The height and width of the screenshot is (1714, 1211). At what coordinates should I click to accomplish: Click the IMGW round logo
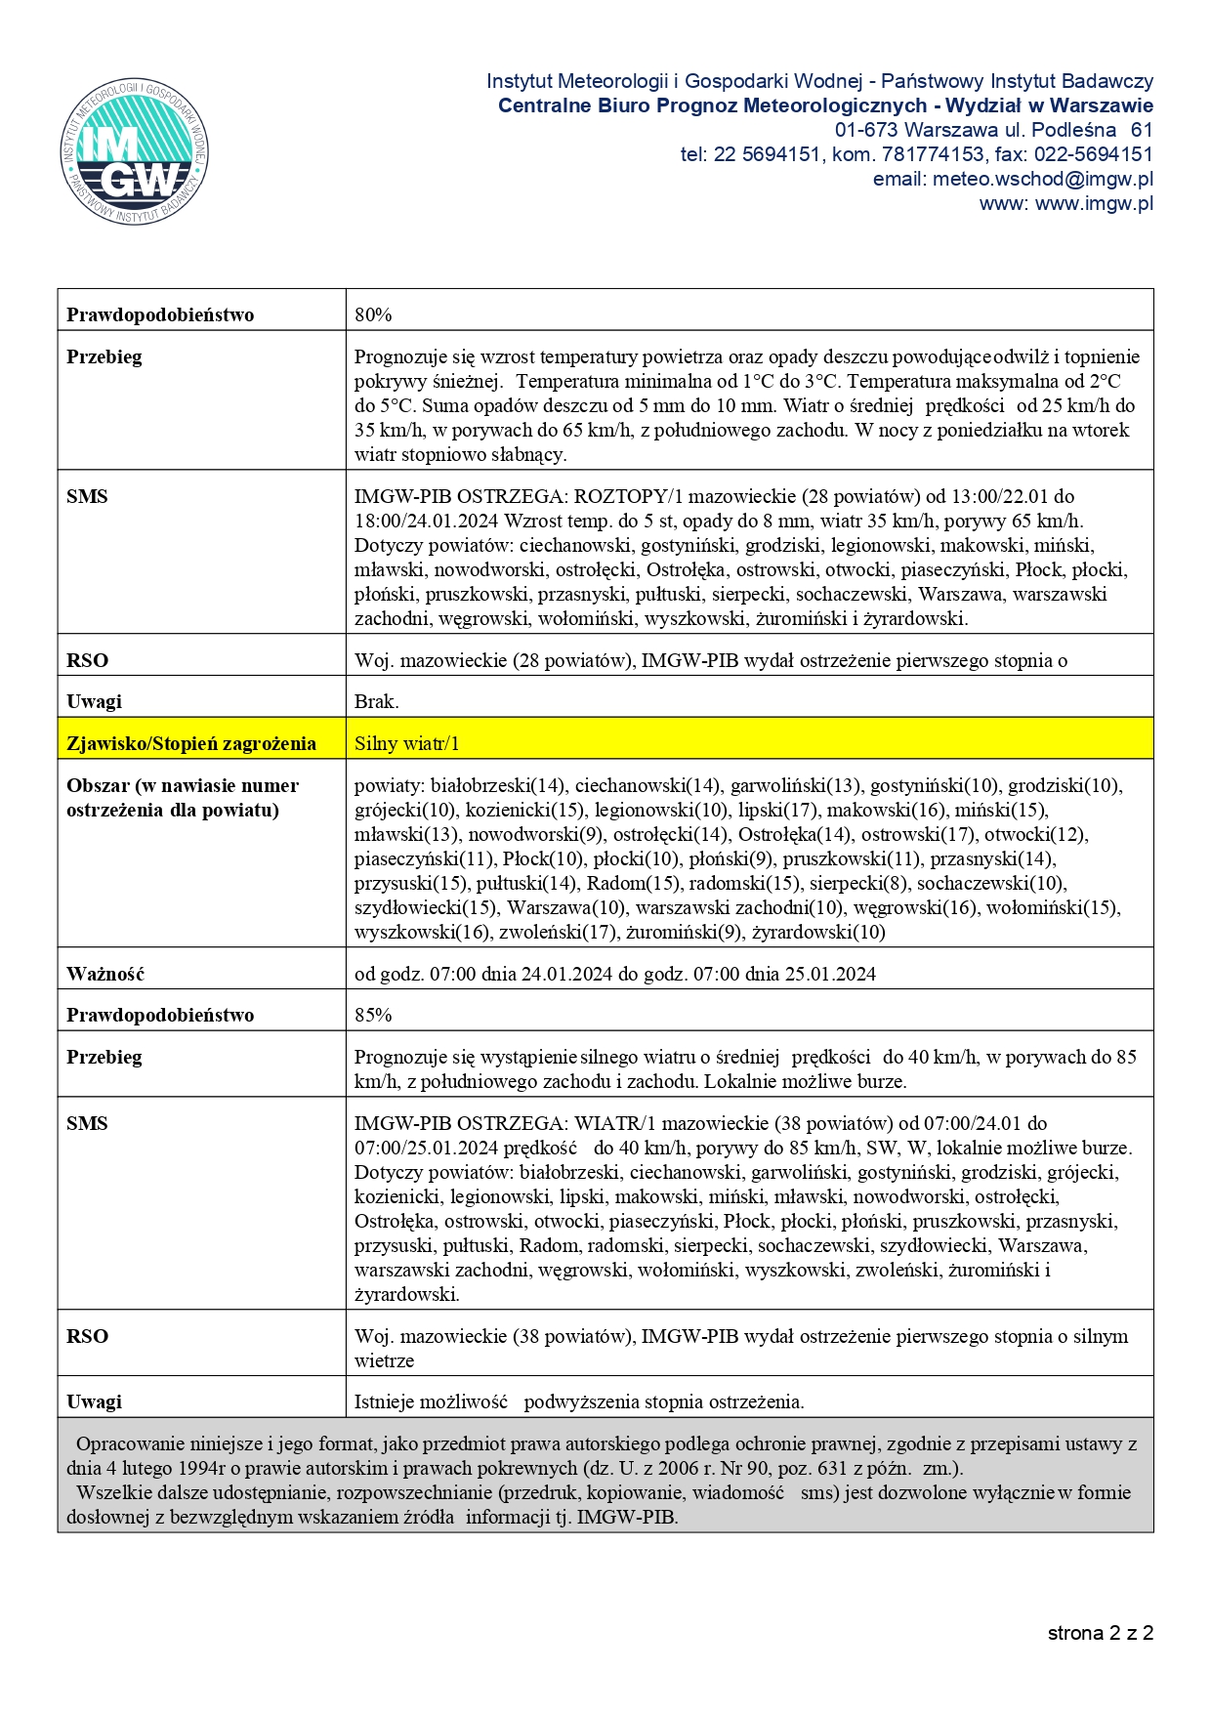134,150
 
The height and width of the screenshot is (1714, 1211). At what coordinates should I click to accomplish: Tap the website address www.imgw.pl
1065,203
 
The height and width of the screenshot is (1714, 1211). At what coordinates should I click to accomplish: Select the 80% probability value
373,314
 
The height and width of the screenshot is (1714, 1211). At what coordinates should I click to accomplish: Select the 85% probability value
373,1015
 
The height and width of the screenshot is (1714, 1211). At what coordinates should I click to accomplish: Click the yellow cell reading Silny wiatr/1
406,743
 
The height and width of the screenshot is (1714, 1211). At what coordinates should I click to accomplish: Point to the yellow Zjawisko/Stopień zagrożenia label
191,743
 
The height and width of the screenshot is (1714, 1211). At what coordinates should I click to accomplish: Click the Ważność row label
105,974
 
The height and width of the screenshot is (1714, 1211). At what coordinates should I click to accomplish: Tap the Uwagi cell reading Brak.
376,701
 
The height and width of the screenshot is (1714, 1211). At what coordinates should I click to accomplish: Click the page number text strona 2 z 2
1101,1633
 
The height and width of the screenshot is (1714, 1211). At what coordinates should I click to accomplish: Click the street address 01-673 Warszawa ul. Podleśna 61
993,130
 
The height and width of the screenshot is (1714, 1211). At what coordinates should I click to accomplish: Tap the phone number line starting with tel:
916,154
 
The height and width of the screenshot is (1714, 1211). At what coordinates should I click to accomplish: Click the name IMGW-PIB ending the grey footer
627,1517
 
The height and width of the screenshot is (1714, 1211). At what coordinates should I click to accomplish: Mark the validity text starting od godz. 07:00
614,974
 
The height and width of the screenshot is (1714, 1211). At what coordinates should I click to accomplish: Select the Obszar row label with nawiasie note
183,797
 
